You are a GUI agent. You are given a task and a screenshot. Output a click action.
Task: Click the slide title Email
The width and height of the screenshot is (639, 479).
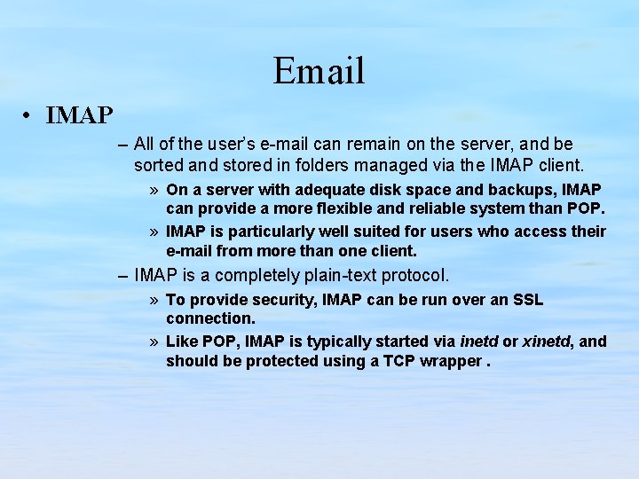(319, 71)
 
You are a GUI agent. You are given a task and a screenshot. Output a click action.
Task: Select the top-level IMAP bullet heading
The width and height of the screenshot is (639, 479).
(79, 115)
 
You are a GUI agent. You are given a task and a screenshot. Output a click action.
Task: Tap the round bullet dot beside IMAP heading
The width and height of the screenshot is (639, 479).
(29, 116)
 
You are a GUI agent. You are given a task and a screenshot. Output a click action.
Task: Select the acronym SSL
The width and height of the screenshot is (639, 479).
(528, 300)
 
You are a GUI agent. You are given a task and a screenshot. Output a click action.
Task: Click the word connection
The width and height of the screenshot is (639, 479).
(210, 318)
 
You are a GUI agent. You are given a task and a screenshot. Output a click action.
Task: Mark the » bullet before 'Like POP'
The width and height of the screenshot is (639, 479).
(154, 342)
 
